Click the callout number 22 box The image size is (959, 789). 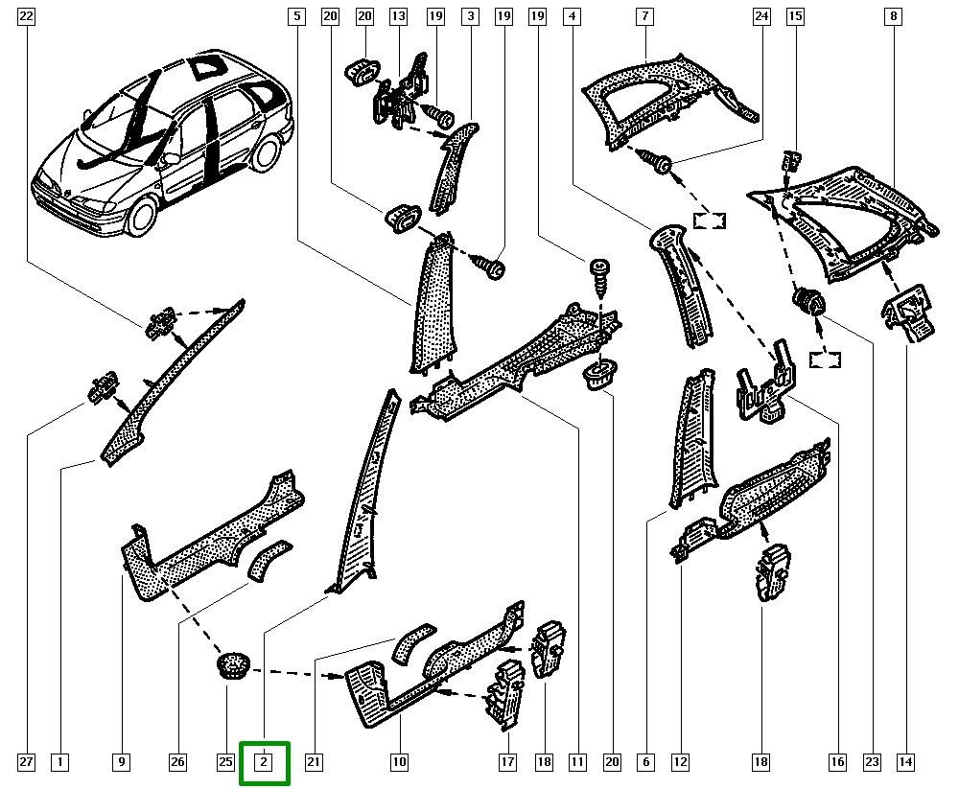tap(26, 16)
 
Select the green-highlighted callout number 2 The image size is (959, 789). tap(264, 763)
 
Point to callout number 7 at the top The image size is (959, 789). tap(645, 16)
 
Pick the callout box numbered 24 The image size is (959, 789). tap(761, 16)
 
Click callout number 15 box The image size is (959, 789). tap(794, 16)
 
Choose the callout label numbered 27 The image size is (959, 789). tap(26, 763)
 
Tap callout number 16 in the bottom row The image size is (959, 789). tap(837, 763)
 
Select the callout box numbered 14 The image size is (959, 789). tap(905, 763)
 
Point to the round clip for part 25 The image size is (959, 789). tap(231, 662)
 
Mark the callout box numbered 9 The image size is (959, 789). tap(122, 763)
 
